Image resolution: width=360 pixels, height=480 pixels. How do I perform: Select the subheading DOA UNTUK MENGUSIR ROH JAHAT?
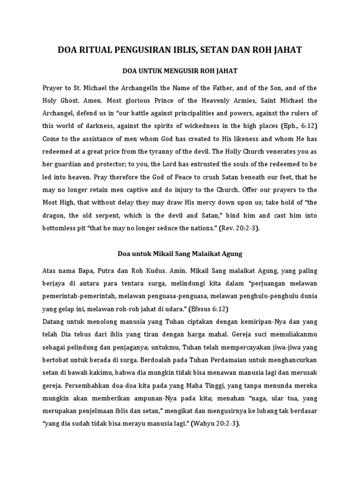[180, 71]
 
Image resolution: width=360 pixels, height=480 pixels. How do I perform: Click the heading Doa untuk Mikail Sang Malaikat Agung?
[180, 254]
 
